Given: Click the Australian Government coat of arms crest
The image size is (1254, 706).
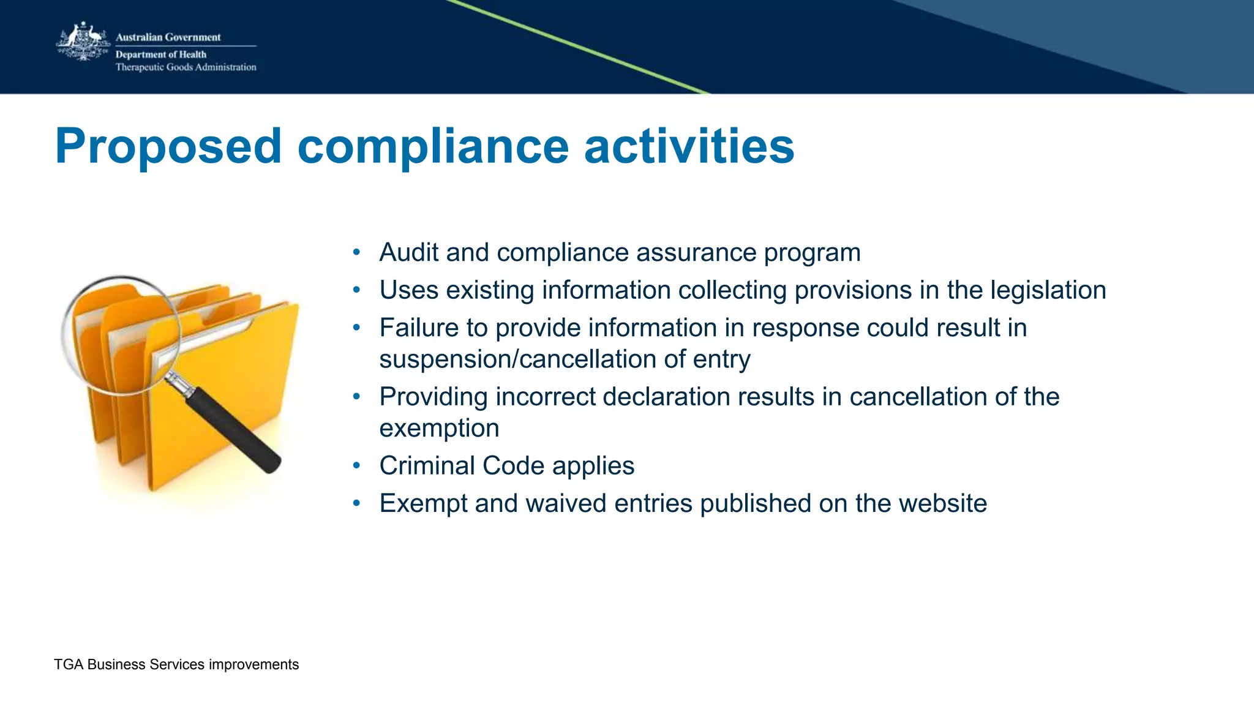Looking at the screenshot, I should coord(83,42).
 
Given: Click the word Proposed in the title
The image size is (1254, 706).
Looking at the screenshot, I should coord(168,147).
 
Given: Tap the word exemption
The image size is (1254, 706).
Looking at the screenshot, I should coord(439,428).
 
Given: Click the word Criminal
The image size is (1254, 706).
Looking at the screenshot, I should coord(427,465).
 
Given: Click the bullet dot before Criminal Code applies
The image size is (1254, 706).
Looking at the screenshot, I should coord(356,466).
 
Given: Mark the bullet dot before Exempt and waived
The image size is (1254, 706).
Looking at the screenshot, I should coord(356,504).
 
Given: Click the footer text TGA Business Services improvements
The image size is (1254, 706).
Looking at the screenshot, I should coord(176,664).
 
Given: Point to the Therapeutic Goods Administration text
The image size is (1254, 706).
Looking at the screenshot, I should coord(186,67).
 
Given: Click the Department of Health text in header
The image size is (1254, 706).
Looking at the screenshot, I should coord(161,54).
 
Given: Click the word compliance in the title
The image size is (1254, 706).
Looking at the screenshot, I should coord(433,147).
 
